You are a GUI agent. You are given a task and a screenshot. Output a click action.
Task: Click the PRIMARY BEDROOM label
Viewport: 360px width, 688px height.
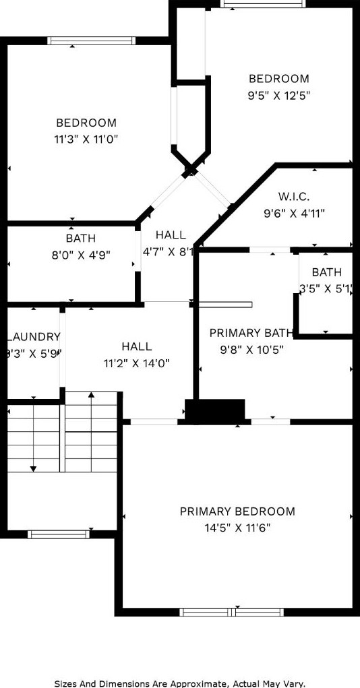tap(237, 511)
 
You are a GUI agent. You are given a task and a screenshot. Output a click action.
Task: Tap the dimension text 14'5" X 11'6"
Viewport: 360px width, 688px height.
tap(237, 528)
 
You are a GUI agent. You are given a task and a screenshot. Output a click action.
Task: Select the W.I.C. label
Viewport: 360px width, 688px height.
tap(294, 197)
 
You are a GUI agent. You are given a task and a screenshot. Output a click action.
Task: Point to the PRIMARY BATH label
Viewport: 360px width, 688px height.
tap(251, 333)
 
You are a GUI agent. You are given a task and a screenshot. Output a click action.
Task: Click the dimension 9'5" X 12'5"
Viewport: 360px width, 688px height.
tap(279, 96)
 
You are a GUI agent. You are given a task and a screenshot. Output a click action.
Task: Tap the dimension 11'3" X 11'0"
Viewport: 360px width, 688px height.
tap(86, 139)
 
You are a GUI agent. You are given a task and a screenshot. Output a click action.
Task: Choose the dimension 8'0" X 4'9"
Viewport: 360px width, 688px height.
tap(81, 255)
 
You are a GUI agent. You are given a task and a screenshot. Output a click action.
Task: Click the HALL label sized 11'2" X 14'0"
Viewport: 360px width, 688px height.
tap(137, 346)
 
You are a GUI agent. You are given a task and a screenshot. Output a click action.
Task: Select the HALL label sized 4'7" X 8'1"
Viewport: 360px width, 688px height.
tap(171, 235)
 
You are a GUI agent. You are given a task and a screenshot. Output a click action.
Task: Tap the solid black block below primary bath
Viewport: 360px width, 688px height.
tap(214, 411)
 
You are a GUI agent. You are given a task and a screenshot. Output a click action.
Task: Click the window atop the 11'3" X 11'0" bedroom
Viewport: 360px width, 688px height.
tap(92, 41)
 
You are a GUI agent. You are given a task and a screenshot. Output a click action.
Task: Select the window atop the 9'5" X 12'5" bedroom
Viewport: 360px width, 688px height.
tap(263, 4)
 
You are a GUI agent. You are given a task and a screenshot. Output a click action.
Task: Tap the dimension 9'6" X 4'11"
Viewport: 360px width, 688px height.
tap(294, 214)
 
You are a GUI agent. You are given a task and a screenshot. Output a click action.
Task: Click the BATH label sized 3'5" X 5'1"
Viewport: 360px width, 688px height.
tap(327, 272)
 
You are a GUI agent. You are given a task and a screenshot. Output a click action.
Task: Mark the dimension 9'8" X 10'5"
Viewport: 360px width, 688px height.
tap(251, 350)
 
